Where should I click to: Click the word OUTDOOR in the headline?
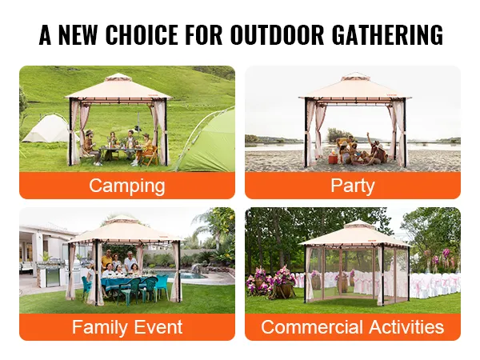[277, 34]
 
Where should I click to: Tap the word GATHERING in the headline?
[387, 34]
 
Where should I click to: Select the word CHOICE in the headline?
[142, 34]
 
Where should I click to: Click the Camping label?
[127, 186]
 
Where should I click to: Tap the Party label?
[353, 186]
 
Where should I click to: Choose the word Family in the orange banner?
[99, 327]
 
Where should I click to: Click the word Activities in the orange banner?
[406, 326]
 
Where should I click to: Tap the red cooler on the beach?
[333, 159]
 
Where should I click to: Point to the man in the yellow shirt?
[107, 260]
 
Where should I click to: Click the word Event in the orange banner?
[158, 326]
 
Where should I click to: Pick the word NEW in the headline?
[78, 34]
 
